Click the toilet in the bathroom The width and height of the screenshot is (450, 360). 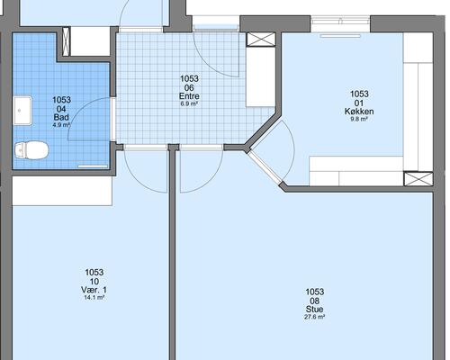point(31,150)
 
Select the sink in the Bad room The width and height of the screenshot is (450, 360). point(22,111)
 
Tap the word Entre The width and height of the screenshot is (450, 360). point(189,96)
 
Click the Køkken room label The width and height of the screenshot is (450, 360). point(359,112)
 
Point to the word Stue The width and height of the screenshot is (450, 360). point(314,310)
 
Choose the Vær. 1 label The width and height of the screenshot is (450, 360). point(94,290)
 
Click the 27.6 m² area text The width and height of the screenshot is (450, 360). point(314,317)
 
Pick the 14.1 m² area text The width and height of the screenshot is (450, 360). point(94,298)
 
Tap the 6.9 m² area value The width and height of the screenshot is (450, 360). point(189,103)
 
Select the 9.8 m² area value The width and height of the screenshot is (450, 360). point(359,119)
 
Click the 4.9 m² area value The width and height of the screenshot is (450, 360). point(61,125)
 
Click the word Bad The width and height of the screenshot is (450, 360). point(61,117)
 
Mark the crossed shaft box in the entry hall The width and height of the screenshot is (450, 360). point(261,40)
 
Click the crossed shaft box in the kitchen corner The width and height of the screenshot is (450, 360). point(418,179)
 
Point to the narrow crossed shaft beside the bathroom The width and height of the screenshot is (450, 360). point(67,41)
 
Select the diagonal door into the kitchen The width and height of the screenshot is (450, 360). point(265,168)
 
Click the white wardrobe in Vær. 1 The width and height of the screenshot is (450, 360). point(62,191)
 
